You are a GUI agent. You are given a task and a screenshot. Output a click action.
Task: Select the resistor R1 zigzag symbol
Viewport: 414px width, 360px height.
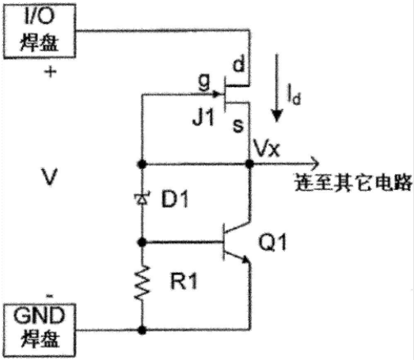coord(142,282)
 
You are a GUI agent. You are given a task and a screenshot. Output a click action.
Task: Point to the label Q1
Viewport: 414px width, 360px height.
coord(272,242)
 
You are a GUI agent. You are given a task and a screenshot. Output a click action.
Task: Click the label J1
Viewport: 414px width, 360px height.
coord(203,117)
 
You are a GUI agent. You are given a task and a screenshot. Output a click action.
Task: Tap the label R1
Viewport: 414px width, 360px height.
coord(184,281)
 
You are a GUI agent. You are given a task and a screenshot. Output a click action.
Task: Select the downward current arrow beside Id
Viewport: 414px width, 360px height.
coord(276,88)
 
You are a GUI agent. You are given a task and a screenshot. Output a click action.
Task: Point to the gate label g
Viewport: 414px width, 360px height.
coord(204,81)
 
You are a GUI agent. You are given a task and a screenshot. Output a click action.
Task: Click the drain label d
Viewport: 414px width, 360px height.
coord(239,64)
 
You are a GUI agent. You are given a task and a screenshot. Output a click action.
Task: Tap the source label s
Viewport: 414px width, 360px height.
coord(238,125)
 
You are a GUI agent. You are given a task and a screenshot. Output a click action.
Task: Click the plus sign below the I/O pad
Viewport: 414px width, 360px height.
coord(50,71)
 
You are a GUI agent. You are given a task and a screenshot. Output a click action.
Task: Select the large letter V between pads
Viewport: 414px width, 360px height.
coord(49,176)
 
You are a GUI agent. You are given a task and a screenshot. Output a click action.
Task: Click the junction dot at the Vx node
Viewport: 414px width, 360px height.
coord(249,164)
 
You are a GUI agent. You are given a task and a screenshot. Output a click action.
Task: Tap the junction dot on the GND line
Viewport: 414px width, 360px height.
coord(142,330)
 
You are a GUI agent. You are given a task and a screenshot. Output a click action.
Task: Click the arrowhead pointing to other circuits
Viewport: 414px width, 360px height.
coord(315,164)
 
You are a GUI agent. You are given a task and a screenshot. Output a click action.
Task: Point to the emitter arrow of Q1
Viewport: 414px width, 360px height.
coord(245,260)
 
